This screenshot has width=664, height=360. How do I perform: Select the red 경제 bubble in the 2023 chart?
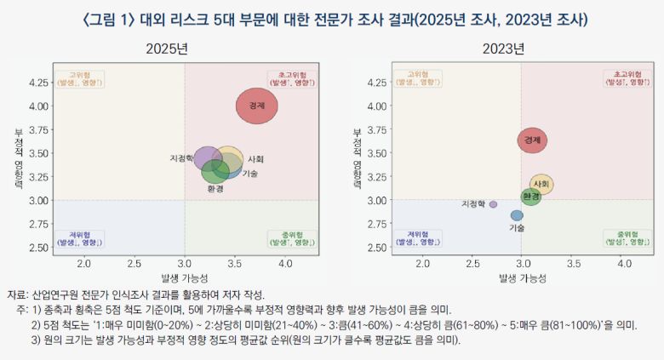[x=532, y=139]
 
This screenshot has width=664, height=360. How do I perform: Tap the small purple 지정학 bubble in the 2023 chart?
[x=493, y=204]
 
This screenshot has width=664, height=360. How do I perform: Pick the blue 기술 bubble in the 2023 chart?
[x=517, y=215]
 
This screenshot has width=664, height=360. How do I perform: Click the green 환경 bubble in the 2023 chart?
[x=531, y=197]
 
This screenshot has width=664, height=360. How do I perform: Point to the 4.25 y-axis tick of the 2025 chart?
[x=38, y=83]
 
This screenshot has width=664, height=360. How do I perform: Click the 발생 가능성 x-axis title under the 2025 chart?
[x=185, y=278]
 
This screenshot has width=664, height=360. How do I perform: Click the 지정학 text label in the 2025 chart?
[x=183, y=159]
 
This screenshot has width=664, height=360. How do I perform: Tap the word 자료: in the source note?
[x=17, y=294]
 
